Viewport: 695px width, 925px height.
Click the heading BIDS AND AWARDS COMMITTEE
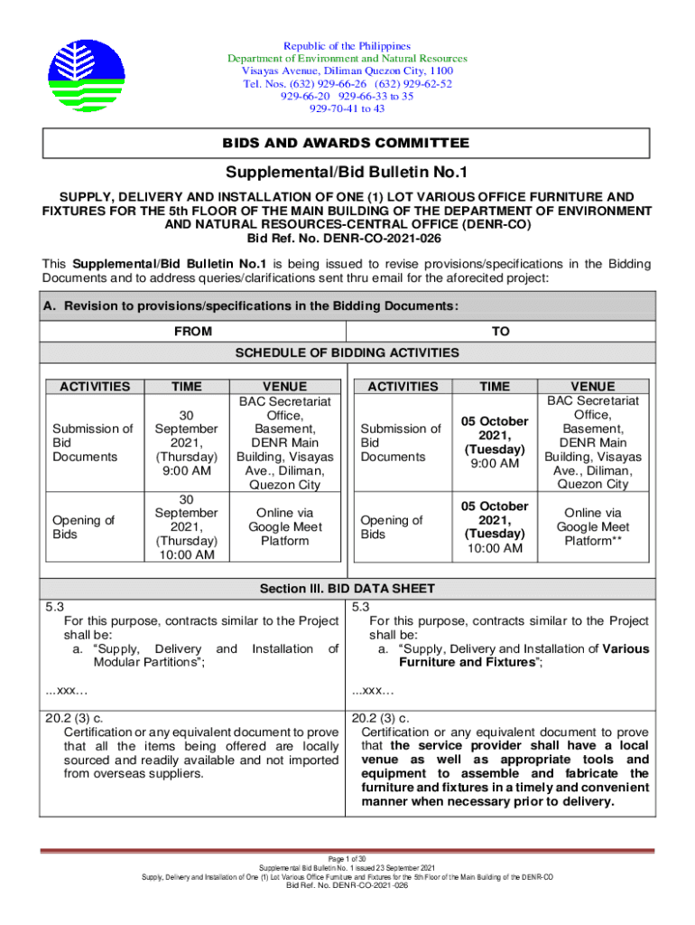[x=347, y=144]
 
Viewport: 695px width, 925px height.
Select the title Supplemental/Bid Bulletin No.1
[x=347, y=173]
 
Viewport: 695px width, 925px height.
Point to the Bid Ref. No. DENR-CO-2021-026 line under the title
[x=347, y=238]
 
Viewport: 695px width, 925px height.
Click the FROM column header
[x=193, y=332]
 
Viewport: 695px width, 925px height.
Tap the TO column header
[x=500, y=332]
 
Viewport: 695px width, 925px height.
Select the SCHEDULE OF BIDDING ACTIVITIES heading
[x=347, y=352]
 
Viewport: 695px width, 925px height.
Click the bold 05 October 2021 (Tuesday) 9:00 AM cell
[x=494, y=443]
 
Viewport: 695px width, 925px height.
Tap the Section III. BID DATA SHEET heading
[x=347, y=589]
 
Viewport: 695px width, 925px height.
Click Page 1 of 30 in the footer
[x=347, y=857]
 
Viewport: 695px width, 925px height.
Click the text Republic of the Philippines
[x=347, y=46]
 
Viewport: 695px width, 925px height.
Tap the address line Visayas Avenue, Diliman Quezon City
[x=347, y=71]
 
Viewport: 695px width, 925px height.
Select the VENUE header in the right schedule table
[x=592, y=387]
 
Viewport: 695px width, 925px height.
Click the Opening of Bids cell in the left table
[x=84, y=527]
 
